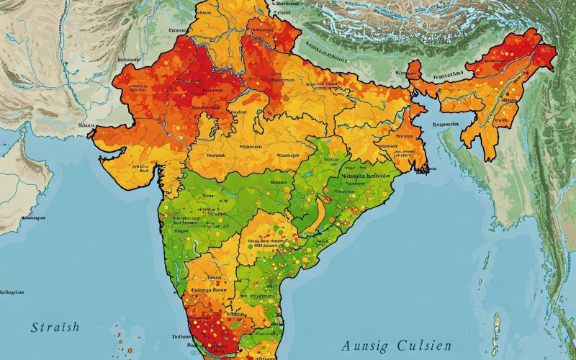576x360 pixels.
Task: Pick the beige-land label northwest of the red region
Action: [128, 58]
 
